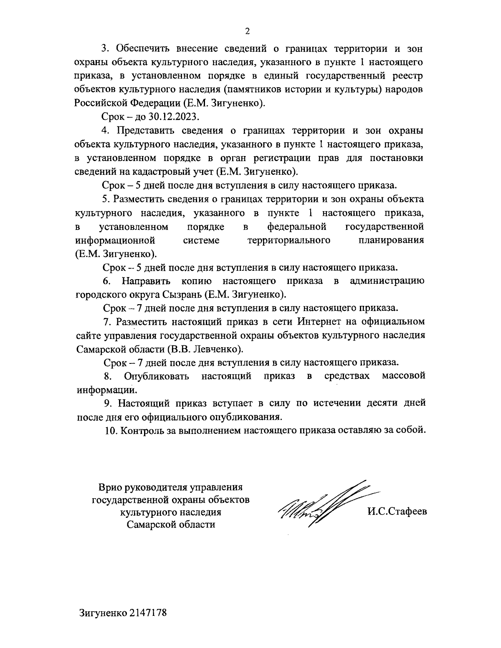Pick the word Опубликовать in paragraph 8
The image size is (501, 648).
tap(157, 376)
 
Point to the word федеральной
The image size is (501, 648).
tap(296, 227)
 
